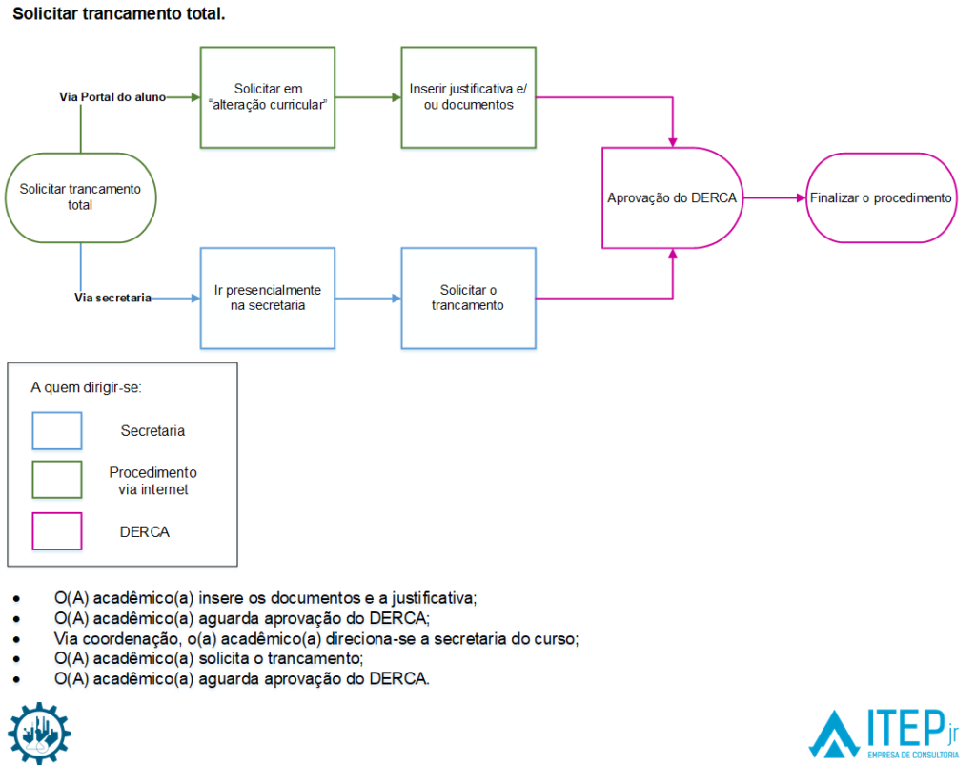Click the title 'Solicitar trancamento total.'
coord(118,15)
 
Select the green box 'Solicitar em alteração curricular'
coord(268,97)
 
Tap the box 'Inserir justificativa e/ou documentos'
coord(468,97)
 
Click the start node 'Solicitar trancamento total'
coord(80,197)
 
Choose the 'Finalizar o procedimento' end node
coord(881,197)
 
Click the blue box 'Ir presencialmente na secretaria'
coord(268,298)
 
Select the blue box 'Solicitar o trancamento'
coord(468,298)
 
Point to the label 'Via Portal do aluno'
coord(112,97)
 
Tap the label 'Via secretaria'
coord(112,298)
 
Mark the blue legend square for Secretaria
coord(57,430)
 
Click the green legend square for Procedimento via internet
coord(57,480)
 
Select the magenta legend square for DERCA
coord(57,531)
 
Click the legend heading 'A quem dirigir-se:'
coord(87,388)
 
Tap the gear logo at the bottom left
coord(40,733)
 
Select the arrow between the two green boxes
coord(368,97)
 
